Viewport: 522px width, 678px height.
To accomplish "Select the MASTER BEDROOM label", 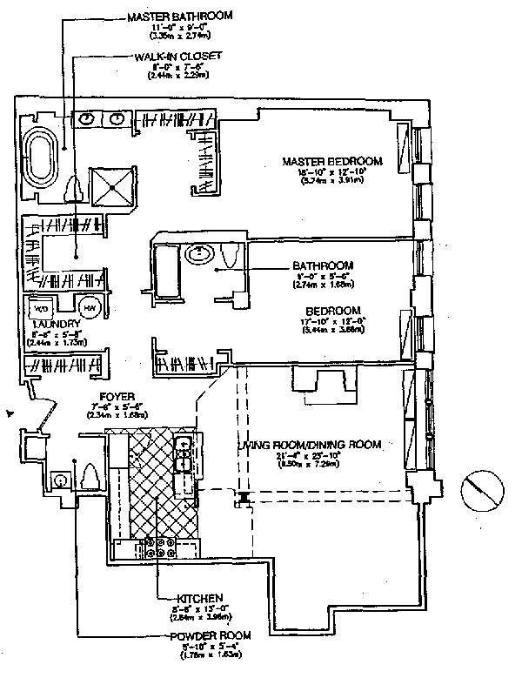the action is click(332, 161).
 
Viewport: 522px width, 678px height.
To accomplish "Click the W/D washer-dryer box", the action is click(43, 308).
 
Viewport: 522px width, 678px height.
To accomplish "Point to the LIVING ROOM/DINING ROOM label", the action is click(310, 445).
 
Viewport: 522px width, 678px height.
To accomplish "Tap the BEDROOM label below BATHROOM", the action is click(333, 311).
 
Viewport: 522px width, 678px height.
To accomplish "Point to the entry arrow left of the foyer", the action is click(10, 413).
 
